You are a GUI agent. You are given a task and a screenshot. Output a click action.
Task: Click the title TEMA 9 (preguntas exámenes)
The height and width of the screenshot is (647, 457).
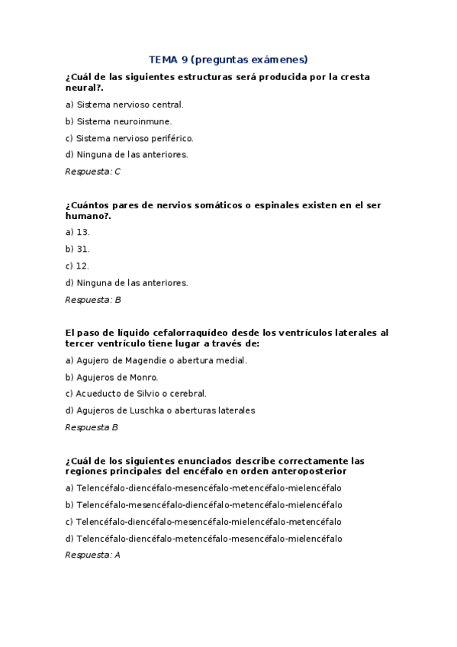point(228,59)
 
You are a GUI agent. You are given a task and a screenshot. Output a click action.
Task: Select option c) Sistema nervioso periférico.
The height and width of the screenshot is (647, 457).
point(130,138)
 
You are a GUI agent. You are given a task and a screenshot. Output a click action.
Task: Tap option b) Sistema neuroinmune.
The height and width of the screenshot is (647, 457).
point(118,121)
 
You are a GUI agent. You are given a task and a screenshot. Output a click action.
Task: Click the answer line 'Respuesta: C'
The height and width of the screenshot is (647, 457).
point(93,172)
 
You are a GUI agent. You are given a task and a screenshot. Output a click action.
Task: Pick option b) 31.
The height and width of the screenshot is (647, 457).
point(78,249)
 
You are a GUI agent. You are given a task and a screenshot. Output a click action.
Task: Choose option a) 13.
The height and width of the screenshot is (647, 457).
point(78,232)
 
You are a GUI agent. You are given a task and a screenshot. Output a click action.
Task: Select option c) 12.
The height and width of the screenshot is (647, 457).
point(78,266)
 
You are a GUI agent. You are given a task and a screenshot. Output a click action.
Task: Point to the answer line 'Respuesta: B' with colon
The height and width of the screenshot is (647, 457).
point(93,300)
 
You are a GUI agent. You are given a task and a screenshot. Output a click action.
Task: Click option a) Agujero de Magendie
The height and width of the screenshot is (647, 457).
point(156,360)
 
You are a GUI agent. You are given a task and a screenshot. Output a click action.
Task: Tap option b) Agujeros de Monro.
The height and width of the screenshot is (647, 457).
point(112,377)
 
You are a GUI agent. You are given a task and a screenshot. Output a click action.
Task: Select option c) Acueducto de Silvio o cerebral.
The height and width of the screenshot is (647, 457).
point(136,394)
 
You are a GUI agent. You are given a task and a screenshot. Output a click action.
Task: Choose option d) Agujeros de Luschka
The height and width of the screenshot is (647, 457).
point(160,410)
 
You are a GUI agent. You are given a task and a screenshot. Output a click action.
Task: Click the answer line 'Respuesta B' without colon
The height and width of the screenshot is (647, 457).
point(92,427)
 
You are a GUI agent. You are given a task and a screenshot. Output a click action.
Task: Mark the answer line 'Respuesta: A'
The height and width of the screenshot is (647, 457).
point(93,555)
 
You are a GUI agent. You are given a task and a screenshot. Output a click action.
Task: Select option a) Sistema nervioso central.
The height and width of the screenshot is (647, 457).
point(124,105)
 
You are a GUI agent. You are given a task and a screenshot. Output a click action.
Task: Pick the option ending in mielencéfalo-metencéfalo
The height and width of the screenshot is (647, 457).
point(204,522)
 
